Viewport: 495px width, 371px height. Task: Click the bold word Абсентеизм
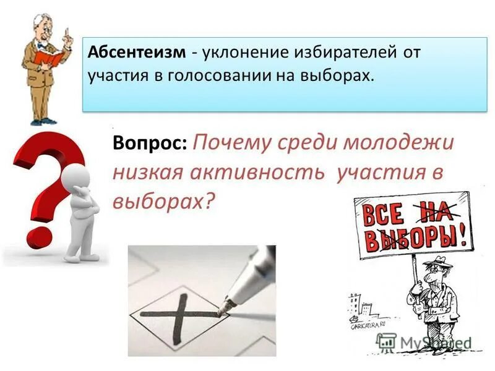tap(137, 53)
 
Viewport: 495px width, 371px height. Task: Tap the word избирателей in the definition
tap(340, 53)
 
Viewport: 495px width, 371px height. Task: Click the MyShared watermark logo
tap(423, 342)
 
